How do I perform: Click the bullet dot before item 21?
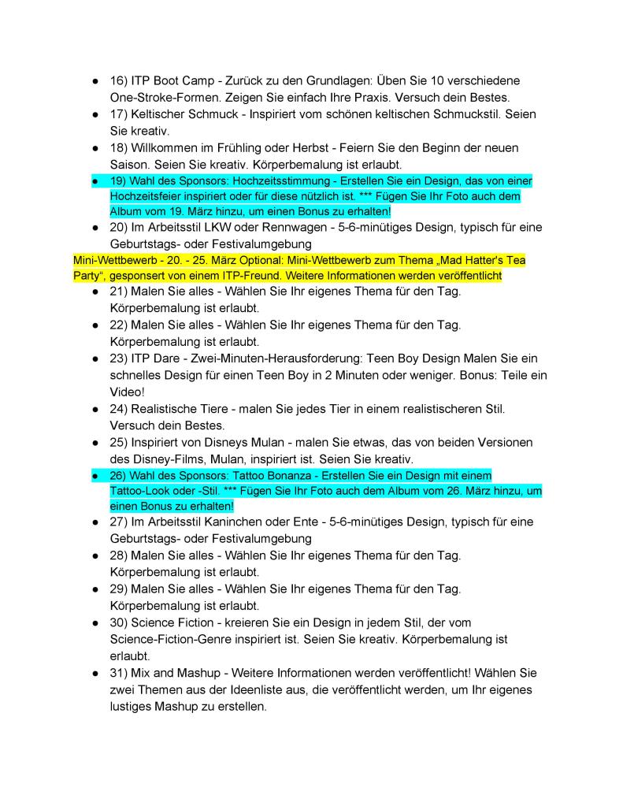(94, 292)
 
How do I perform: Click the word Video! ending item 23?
(128, 392)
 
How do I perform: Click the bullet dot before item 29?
(94, 589)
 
